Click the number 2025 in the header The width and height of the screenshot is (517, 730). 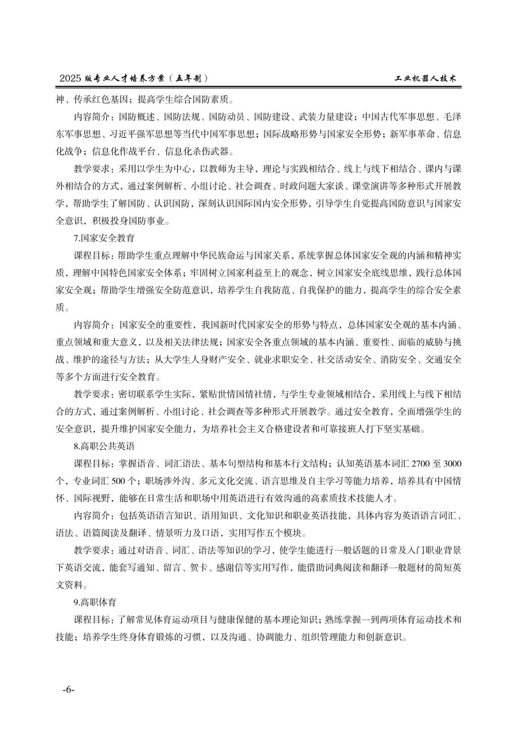[x=70, y=79]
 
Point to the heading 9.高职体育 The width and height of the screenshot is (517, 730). [x=95, y=602]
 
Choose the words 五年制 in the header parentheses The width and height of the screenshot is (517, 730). [x=186, y=79]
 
